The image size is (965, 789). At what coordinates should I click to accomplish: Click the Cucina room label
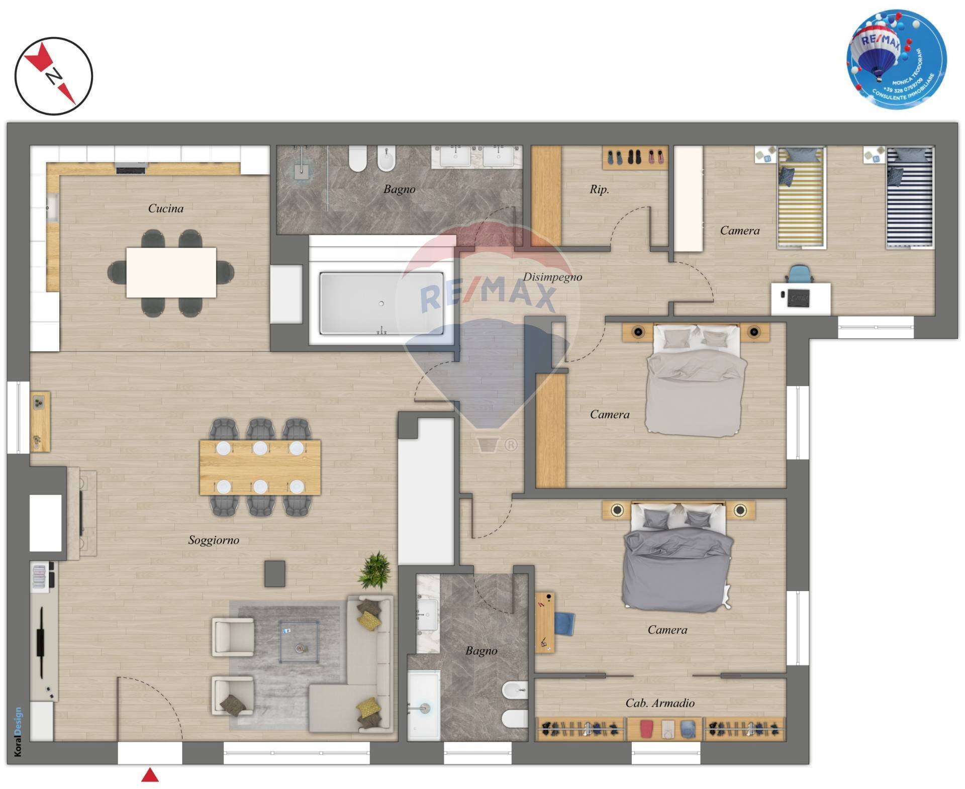[x=165, y=208]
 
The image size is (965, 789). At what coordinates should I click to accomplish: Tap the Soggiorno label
[x=214, y=540]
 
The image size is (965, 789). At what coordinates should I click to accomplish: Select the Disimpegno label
[x=552, y=276]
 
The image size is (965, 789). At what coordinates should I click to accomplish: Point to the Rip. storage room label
[x=599, y=189]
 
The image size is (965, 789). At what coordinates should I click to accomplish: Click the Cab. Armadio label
[x=659, y=703]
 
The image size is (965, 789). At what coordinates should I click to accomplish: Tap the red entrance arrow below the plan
[x=150, y=775]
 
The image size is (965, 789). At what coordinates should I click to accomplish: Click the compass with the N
[x=53, y=76]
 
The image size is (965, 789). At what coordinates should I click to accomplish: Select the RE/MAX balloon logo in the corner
[x=896, y=59]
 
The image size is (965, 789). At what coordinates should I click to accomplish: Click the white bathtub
[x=381, y=303]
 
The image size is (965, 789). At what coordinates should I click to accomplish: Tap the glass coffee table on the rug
[x=299, y=642]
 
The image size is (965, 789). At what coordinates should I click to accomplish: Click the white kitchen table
[x=171, y=272]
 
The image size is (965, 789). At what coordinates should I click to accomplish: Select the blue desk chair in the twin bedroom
[x=799, y=274]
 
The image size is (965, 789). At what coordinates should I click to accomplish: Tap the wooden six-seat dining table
[x=260, y=467]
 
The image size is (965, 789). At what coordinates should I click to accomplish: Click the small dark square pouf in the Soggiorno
[x=274, y=573]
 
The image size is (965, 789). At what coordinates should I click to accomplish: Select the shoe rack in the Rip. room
[x=635, y=157]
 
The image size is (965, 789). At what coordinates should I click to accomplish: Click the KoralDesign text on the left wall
[x=18, y=731]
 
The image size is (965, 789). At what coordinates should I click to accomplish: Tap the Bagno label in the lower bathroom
[x=481, y=651]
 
